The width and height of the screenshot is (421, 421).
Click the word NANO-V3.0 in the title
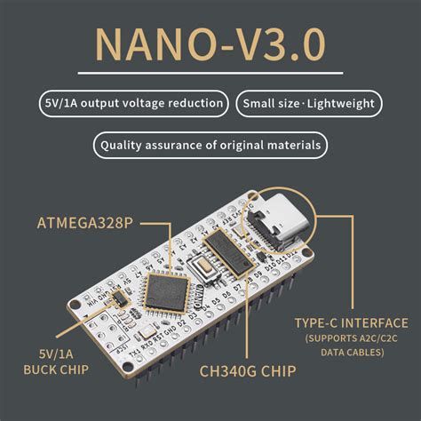(x=210, y=44)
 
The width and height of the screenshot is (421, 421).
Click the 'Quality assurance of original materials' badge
(x=210, y=144)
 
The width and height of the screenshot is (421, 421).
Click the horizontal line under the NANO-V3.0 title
(x=210, y=73)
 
